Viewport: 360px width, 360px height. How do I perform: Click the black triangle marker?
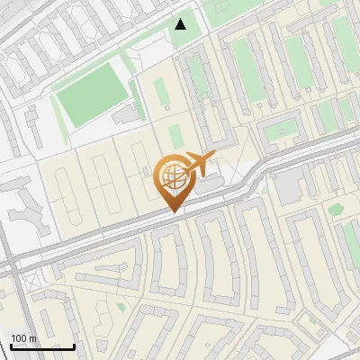(180, 23)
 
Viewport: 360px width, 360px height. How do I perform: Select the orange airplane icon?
(201, 165)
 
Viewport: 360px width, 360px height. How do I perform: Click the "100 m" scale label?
(23, 338)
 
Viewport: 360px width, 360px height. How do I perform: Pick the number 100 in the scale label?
(19, 338)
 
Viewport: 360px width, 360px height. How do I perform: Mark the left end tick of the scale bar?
(11, 346)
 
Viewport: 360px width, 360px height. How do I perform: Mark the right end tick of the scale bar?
(74, 346)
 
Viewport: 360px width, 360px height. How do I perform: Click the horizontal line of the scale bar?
(42, 347)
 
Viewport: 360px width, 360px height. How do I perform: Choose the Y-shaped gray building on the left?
(27, 212)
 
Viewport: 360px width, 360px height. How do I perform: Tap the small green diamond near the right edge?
(336, 210)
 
